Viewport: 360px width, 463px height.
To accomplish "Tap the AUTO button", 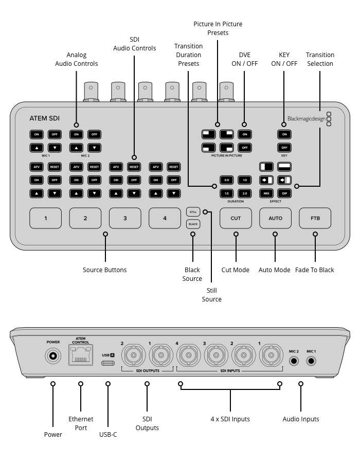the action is pyautogui.click(x=275, y=218).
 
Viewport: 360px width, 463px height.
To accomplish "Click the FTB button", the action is pyautogui.click(x=315, y=218).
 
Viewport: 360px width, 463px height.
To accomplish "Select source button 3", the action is pyautogui.click(x=125, y=218).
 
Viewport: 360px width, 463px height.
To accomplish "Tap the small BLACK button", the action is pyautogui.click(x=193, y=224).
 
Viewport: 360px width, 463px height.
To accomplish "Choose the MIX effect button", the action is pyautogui.click(x=266, y=193).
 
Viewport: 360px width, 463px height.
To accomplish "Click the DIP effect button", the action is pyautogui.click(x=284, y=193).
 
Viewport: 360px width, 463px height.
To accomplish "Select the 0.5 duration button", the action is pyautogui.click(x=227, y=180).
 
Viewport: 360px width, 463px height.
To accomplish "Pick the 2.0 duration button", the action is pyautogui.click(x=245, y=193).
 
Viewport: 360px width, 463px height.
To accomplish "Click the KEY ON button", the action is pyautogui.click(x=284, y=134).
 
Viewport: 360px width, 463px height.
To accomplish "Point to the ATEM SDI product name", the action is pyautogui.click(x=45, y=118).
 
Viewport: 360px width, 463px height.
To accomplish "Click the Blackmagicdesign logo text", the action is pyautogui.click(x=307, y=119).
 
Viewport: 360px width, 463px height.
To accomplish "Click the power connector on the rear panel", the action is pyautogui.click(x=53, y=356).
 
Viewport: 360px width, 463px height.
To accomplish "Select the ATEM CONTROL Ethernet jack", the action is pyautogui.click(x=81, y=355).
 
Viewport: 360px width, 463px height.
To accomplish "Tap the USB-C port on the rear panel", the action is pyautogui.click(x=108, y=363).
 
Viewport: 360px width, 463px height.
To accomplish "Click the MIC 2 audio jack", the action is pyautogui.click(x=294, y=361).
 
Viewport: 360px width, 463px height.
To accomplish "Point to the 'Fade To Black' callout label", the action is pyautogui.click(x=315, y=270).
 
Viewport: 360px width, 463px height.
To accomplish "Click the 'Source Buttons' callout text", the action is pyautogui.click(x=105, y=270).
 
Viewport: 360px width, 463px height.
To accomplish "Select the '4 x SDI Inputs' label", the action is pyautogui.click(x=230, y=419).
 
